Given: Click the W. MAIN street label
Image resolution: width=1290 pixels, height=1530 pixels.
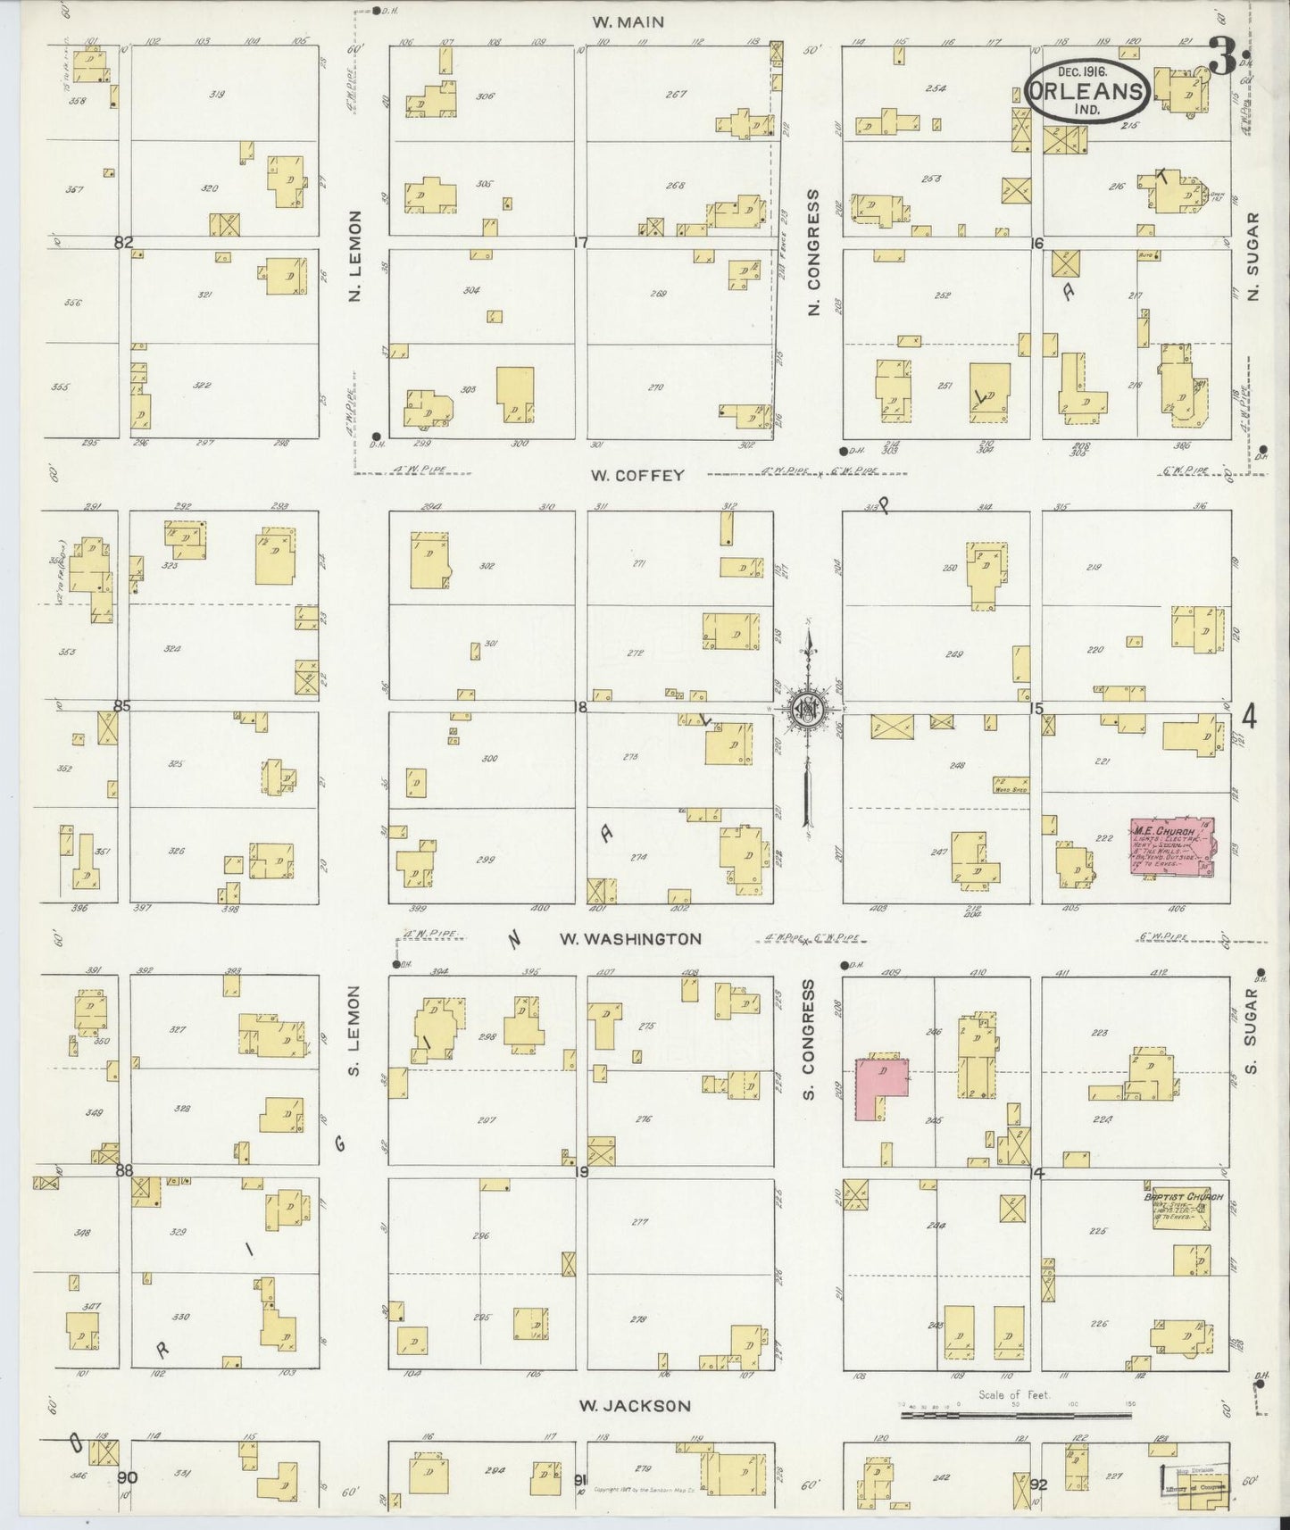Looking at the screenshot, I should click(x=628, y=22).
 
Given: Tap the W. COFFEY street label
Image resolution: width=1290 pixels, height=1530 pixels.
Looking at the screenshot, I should click(x=637, y=476).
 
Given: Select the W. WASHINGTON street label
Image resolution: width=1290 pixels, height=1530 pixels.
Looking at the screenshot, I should click(x=630, y=939).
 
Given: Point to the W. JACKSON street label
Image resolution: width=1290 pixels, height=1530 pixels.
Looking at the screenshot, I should click(x=635, y=1405).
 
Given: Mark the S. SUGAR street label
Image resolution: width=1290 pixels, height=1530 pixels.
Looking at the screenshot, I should click(x=1252, y=1031).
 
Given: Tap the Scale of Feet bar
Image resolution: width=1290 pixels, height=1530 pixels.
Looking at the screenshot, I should click(x=1015, y=1415).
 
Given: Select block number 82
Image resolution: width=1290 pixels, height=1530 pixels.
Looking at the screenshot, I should click(x=123, y=242).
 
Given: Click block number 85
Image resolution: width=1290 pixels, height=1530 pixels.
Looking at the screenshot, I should click(x=121, y=706).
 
